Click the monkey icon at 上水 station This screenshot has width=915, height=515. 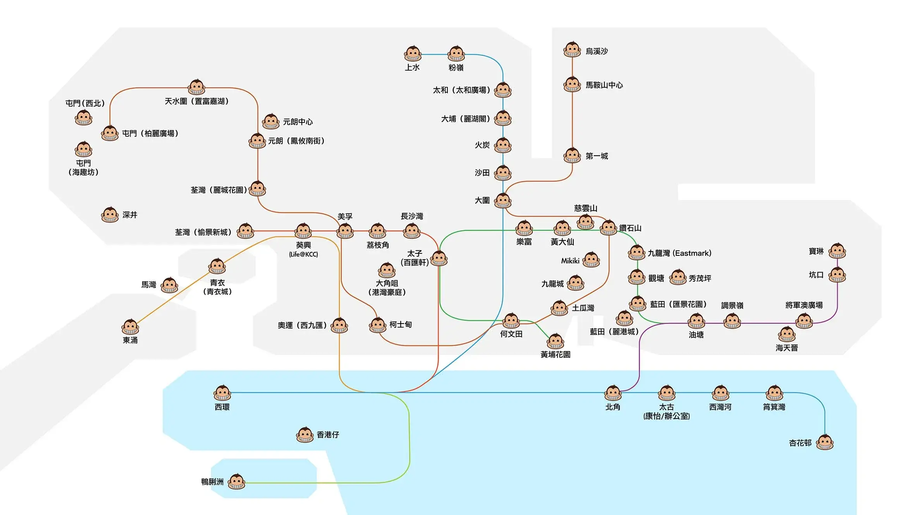point(413,54)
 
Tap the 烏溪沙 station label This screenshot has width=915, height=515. point(597,51)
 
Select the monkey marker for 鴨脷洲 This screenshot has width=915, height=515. point(236,482)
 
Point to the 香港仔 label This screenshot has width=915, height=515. point(328,435)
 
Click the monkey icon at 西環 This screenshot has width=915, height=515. point(222,393)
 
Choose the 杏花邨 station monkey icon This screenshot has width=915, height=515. point(825,442)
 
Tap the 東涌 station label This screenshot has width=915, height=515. point(130,340)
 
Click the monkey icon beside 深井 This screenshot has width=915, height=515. point(110,215)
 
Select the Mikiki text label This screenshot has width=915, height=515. point(570,261)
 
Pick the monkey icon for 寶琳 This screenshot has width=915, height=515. point(837,251)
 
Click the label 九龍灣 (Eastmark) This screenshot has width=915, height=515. point(679,253)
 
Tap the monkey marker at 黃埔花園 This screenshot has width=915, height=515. point(556,341)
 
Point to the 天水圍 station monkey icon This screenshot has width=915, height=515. point(196,87)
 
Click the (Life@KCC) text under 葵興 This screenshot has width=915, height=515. point(303,254)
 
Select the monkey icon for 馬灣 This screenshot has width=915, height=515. point(169,285)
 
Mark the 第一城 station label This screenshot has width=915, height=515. point(597,156)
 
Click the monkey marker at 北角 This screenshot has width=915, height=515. point(613,393)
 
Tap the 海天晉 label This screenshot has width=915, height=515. point(787,348)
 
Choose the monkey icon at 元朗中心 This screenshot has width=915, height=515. point(271,122)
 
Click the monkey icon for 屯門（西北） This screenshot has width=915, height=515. point(84,118)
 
